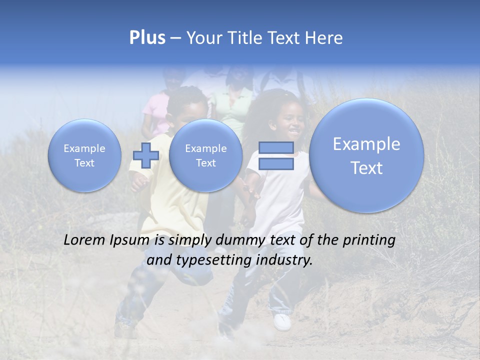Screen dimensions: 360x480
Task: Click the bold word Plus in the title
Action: tap(147, 38)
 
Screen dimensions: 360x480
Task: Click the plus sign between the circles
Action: tap(146, 155)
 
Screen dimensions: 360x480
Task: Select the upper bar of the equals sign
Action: tap(276, 147)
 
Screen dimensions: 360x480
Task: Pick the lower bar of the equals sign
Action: tap(276, 163)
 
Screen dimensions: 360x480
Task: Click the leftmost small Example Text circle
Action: tap(84, 155)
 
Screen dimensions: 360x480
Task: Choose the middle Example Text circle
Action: tap(205, 155)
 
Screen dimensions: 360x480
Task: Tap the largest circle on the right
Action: tap(366, 155)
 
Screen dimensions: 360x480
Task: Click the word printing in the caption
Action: tap(369, 240)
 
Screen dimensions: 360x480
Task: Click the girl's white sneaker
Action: tap(282, 321)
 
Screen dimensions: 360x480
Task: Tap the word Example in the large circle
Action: tap(366, 144)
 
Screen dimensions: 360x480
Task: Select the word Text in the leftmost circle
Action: tap(84, 163)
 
